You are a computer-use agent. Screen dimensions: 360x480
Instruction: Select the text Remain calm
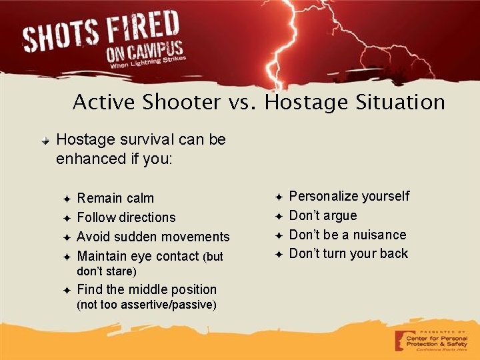tap(115, 198)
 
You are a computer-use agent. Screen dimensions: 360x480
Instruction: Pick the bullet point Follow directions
tap(127, 217)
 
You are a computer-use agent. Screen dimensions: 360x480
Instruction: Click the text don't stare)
tap(107, 271)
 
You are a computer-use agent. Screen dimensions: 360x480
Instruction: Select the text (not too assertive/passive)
tap(147, 305)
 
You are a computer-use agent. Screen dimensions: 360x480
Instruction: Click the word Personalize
tap(323, 196)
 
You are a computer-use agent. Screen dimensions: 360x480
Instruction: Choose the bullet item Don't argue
tap(323, 215)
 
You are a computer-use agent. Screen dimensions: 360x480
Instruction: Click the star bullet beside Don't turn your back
tap(279, 254)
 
